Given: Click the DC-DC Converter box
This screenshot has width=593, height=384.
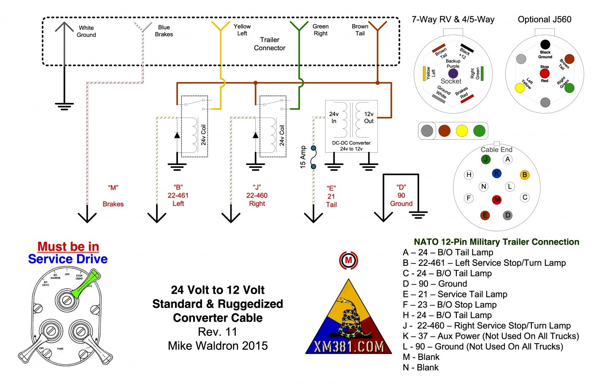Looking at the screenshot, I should click(351, 126).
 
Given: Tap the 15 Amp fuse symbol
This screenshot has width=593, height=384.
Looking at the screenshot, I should click(313, 157).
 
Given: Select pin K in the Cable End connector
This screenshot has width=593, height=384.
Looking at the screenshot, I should click(496, 173).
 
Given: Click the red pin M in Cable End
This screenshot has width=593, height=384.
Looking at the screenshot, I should click(497, 199).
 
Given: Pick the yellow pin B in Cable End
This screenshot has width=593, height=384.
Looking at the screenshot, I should click(524, 175).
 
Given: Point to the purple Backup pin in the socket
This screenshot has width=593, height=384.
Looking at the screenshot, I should click(453, 74).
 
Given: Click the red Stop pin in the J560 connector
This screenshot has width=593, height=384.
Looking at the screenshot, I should click(544, 73).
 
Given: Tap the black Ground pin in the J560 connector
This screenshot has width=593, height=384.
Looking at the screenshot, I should click(545, 44).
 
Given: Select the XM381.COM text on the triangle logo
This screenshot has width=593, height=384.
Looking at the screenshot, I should click(349, 346).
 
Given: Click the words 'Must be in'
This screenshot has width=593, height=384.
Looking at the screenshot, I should click(68, 246).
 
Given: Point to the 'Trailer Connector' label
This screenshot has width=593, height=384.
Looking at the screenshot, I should click(270, 44).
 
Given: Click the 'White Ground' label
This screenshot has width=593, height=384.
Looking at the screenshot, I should click(86, 32).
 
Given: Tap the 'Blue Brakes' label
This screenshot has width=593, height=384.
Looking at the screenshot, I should click(164, 31).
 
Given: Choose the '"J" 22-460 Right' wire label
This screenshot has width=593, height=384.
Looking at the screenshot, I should click(257, 195).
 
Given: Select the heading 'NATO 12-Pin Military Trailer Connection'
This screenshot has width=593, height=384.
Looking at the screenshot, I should click(496, 242).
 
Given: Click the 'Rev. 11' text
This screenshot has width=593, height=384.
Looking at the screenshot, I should click(218, 332).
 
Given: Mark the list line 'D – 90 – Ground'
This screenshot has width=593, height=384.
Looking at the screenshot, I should click(435, 284).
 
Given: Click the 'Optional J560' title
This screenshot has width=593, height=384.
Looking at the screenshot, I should click(544, 19).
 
